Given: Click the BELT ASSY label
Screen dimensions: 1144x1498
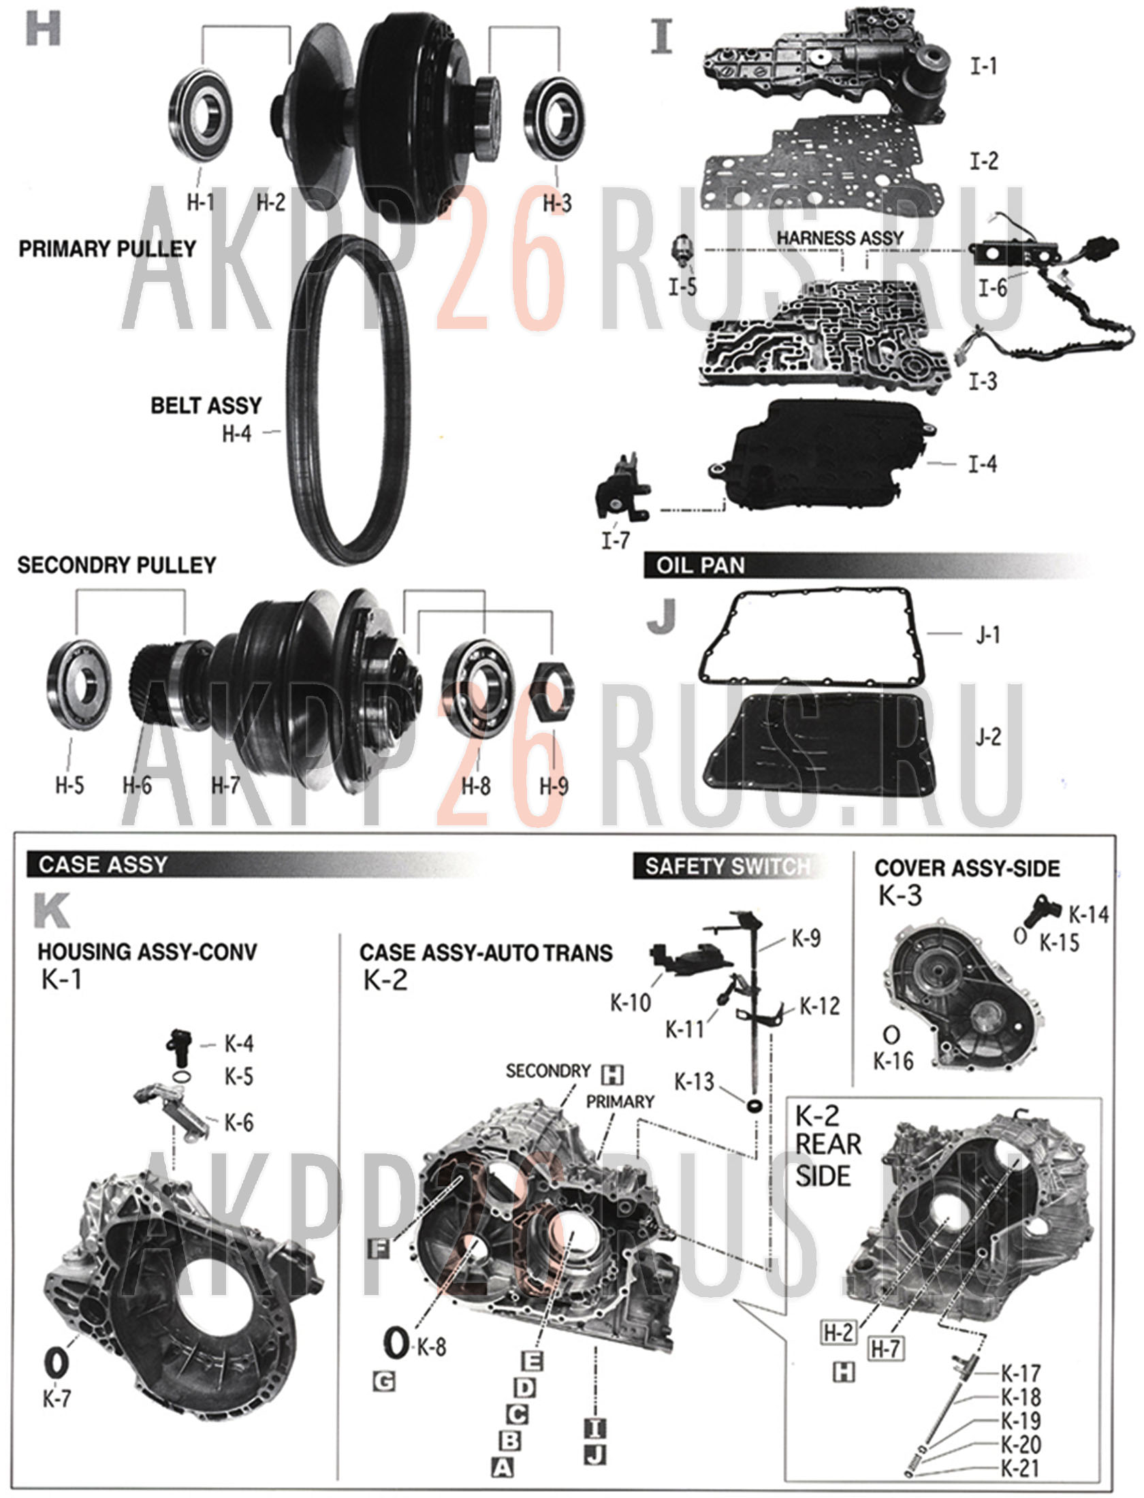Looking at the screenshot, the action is (206, 406).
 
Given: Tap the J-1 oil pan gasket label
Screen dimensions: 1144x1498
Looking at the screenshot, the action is (987, 635).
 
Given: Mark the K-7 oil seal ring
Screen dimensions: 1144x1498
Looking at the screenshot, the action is (57, 1361).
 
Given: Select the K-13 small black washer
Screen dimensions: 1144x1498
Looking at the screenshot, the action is (754, 1104).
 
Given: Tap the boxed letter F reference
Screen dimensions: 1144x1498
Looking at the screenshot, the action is (378, 1247).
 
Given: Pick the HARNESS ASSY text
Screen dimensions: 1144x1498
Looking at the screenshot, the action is (840, 238).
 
